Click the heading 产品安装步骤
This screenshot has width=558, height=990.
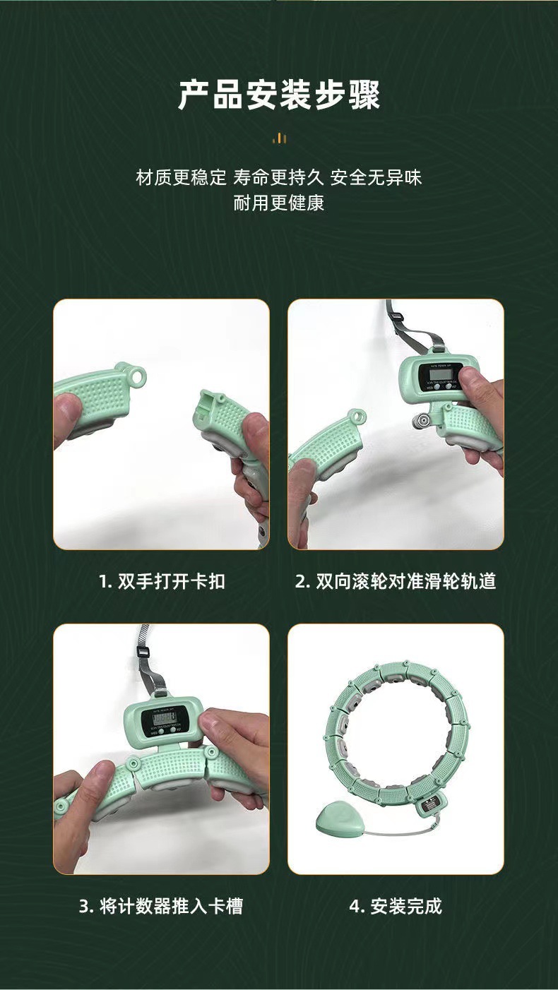(x=279, y=95)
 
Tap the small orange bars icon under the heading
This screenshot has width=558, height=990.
(x=280, y=138)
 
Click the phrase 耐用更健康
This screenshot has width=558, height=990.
(x=279, y=204)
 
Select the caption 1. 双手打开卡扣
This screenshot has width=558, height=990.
(x=162, y=581)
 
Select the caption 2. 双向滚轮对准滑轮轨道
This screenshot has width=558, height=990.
(x=396, y=581)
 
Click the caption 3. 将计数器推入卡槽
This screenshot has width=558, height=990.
(x=161, y=906)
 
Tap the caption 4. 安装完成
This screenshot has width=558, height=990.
(x=396, y=906)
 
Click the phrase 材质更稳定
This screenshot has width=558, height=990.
(x=181, y=177)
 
